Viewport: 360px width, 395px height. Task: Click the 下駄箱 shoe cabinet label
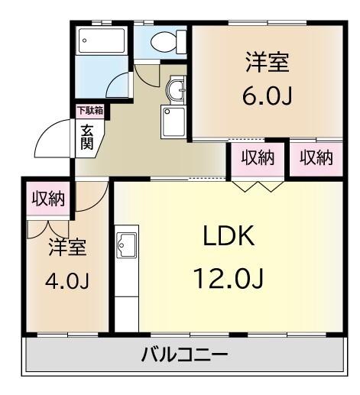91,110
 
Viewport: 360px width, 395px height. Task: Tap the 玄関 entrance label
88,137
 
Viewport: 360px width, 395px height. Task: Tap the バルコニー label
183,355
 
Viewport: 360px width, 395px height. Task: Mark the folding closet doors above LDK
258,185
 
